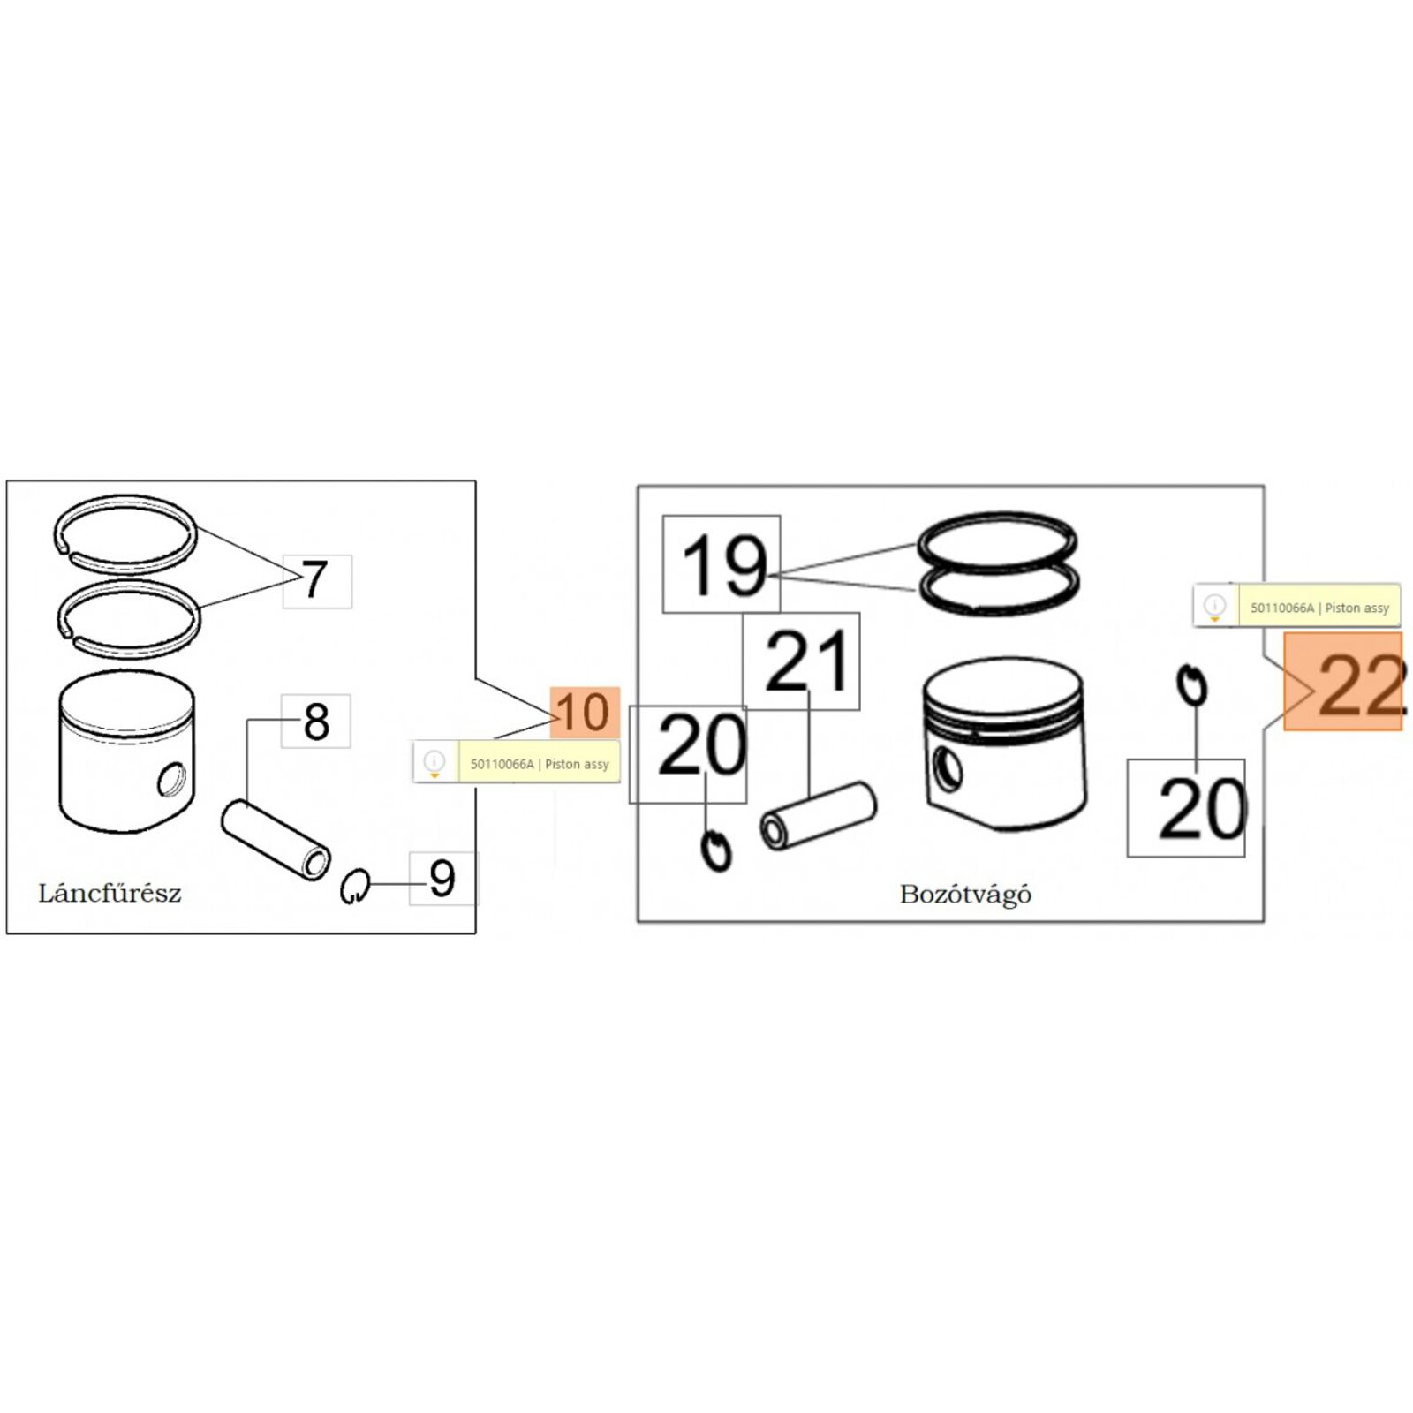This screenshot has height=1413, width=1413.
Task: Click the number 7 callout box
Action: click(x=317, y=581)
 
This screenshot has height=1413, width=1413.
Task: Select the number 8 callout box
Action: click(x=315, y=721)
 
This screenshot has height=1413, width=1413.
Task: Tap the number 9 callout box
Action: click(x=442, y=878)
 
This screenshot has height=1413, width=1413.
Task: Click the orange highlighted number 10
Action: click(x=585, y=713)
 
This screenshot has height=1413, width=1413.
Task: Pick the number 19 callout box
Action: click(x=722, y=564)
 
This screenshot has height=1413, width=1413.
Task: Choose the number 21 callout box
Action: click(x=801, y=661)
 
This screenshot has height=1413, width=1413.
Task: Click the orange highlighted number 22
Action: click(x=1343, y=682)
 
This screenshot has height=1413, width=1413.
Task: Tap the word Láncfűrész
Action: click(x=110, y=893)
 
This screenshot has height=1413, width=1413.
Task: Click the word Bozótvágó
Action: click(x=965, y=895)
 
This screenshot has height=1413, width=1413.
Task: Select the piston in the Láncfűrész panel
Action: click(x=126, y=752)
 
